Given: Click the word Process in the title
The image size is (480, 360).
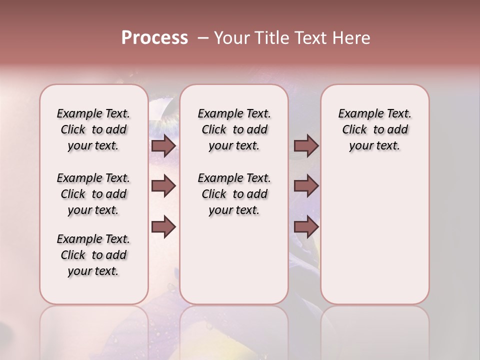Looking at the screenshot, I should click(x=154, y=38).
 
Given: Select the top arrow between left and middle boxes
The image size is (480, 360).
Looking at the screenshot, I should click(x=163, y=145).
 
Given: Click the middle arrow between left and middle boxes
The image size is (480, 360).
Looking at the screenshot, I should click(x=163, y=186).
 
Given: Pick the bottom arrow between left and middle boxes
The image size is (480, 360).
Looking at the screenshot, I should click(x=163, y=226).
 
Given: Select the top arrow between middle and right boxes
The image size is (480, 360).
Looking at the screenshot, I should click(x=306, y=145).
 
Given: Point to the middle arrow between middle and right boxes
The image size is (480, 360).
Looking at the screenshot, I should click(x=306, y=186).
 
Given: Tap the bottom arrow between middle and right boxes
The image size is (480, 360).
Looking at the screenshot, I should click(x=306, y=226).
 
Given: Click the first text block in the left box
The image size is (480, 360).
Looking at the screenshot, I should click(x=93, y=129).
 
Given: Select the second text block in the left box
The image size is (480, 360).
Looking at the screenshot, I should click(x=93, y=194).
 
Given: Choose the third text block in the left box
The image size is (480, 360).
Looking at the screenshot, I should click(x=93, y=255).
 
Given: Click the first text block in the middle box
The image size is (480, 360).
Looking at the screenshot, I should click(x=234, y=129).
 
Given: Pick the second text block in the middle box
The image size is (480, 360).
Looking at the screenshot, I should click(x=234, y=194).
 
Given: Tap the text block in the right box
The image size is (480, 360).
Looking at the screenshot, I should click(x=374, y=129).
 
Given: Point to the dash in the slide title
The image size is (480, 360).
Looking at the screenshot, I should click(x=203, y=38).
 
